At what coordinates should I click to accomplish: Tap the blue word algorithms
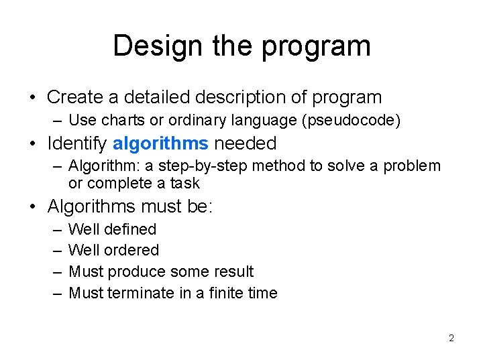(161, 143)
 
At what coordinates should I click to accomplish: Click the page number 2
(451, 338)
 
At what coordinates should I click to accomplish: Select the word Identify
(77, 143)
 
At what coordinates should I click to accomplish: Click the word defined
(131, 229)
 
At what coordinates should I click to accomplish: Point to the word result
(231, 271)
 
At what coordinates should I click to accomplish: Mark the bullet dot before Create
(33, 98)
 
